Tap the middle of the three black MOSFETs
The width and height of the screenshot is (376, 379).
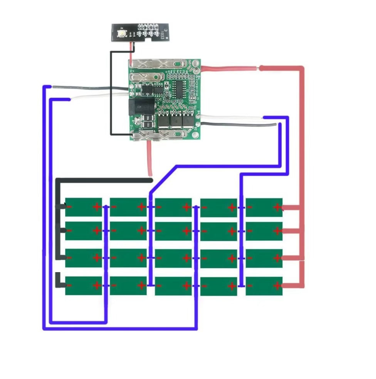[177, 121]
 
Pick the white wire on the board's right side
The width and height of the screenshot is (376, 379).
[231, 118]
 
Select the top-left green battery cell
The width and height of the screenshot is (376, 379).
[83, 207]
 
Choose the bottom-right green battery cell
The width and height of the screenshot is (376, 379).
[264, 286]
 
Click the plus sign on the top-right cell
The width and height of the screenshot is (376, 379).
[277, 208]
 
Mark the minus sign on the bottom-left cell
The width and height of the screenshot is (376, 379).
[70, 285]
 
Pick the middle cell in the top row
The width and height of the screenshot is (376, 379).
[173, 207]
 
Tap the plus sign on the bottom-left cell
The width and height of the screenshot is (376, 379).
[96, 286]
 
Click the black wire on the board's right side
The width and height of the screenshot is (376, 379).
[239, 124]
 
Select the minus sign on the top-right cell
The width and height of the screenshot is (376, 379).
[250, 208]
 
